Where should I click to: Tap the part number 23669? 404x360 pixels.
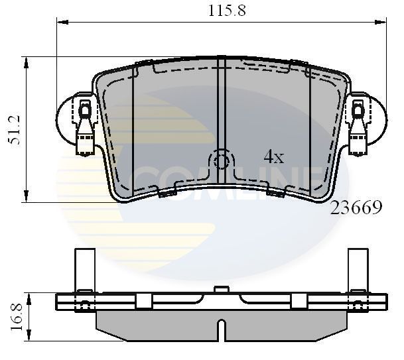point(356,208)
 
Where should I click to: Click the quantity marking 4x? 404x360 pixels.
point(273,157)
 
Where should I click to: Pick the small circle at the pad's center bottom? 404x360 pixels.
point(222,161)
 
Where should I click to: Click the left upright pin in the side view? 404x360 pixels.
point(84,269)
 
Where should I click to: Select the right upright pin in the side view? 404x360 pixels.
point(358,269)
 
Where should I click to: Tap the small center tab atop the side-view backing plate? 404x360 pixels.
point(222,289)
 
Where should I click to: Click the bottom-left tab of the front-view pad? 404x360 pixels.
point(166,193)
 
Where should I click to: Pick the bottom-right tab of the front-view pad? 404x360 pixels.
point(275,193)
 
